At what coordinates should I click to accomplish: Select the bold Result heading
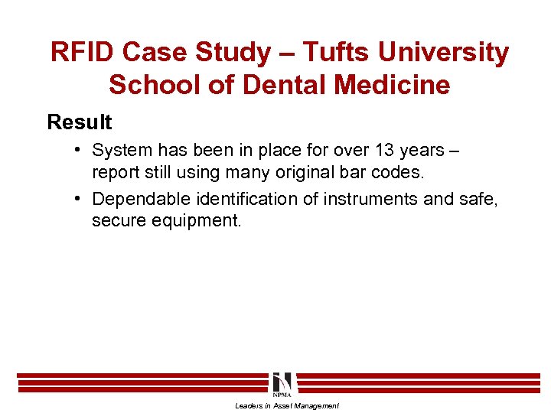point(80,122)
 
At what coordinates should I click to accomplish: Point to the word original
point(303,171)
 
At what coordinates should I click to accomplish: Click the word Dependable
point(141,200)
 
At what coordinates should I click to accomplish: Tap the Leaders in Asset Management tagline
point(287,405)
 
